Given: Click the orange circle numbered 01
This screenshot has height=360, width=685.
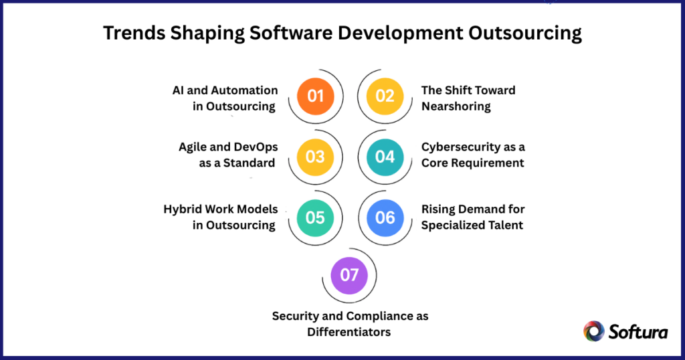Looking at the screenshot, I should coord(315,95).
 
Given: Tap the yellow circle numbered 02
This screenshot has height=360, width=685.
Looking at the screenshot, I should coord(385,95).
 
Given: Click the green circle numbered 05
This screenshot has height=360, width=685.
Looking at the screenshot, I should coord(315,217).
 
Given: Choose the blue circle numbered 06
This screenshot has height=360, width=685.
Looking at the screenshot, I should coord(385,217).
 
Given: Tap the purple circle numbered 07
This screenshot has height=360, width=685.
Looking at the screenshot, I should coord(349,275).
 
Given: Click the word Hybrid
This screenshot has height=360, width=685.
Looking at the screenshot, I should coord(183,209).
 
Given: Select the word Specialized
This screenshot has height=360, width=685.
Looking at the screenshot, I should coord(454,225).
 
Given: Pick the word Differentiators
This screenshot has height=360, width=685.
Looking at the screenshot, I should coord(350,331).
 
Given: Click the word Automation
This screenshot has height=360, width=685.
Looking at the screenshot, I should coord(244,90).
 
